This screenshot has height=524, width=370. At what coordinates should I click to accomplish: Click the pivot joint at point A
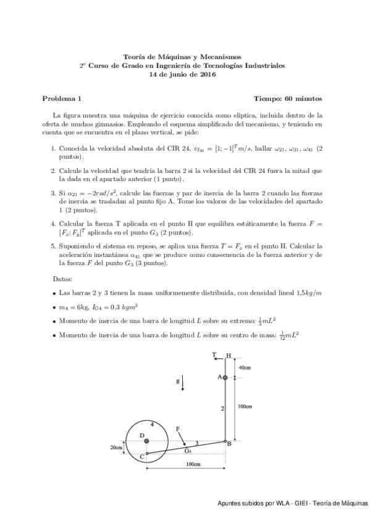tap(225, 377)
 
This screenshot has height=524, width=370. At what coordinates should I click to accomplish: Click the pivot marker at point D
tap(146, 441)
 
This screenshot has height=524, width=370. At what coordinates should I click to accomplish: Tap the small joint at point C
tap(146, 453)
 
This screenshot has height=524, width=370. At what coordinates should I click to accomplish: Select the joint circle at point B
tap(225, 441)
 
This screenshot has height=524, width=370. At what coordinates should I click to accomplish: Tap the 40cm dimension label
tap(245, 368)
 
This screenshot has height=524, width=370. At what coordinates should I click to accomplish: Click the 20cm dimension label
tap(116, 447)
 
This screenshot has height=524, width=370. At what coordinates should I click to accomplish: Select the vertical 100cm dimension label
tap(245, 406)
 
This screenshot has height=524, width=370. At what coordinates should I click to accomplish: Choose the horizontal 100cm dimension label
tap(192, 463)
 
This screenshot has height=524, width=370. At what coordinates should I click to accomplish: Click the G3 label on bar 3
tap(188, 450)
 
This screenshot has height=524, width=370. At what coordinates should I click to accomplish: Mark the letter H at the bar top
tap(229, 356)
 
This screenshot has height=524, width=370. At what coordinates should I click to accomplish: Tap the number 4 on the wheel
tap(152, 423)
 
